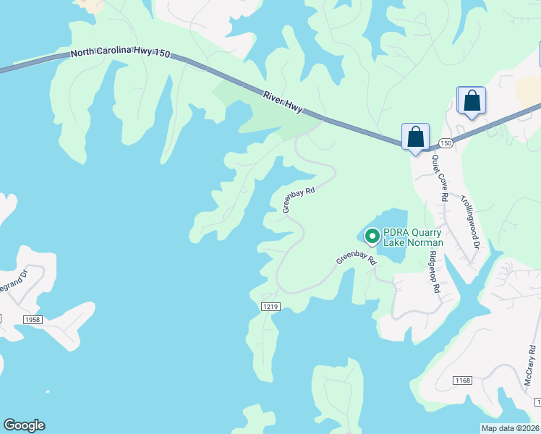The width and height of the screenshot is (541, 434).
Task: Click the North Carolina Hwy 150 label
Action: click(x=120, y=54)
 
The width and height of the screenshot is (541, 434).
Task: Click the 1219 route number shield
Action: click(x=270, y=307)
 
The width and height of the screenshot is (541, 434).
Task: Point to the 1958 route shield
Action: click(x=33, y=319)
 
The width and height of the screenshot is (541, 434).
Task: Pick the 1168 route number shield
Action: click(x=462, y=380)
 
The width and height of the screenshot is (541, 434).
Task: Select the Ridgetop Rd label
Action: click(x=433, y=271)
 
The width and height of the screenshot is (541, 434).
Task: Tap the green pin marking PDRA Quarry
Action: click(x=372, y=236)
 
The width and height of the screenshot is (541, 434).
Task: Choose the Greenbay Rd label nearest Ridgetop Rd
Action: click(x=357, y=258)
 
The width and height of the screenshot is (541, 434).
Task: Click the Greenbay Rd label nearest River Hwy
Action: click(x=299, y=200)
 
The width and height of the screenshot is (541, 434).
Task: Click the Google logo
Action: click(x=24, y=425)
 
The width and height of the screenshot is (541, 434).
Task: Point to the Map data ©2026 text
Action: click(x=510, y=428)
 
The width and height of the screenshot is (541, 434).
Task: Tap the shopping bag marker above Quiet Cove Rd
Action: click(x=415, y=137)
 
